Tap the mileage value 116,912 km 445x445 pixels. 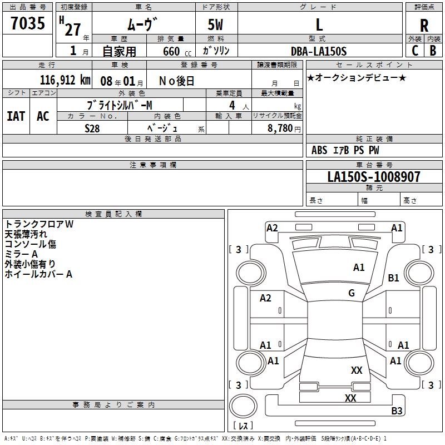coord(65,80)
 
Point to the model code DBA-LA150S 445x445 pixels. coord(319,51)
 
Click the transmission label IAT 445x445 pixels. coord(16,116)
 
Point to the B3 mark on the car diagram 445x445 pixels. coord(397,411)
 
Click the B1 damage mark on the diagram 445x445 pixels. coord(394,278)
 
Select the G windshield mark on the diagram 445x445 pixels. coord(352,293)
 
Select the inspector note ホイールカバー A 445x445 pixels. coord(38,274)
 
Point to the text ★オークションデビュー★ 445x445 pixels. coord(357,77)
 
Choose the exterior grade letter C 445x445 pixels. coord(415,51)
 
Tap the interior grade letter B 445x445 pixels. coord(433,51)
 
